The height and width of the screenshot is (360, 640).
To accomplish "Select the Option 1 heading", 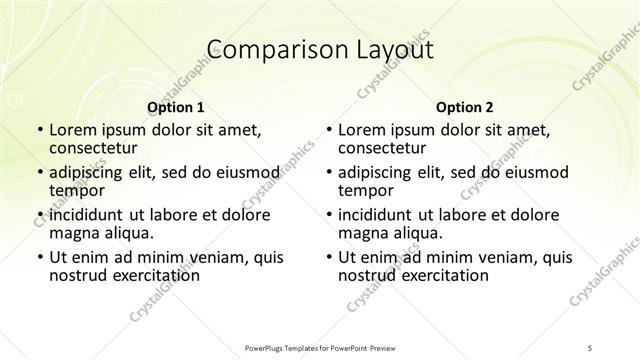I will (x=175, y=107).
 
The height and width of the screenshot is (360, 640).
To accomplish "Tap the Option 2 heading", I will (x=465, y=107).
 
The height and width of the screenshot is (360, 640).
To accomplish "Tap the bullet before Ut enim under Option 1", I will (x=39, y=258).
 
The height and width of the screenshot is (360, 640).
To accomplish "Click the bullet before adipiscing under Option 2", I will (x=329, y=172).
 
